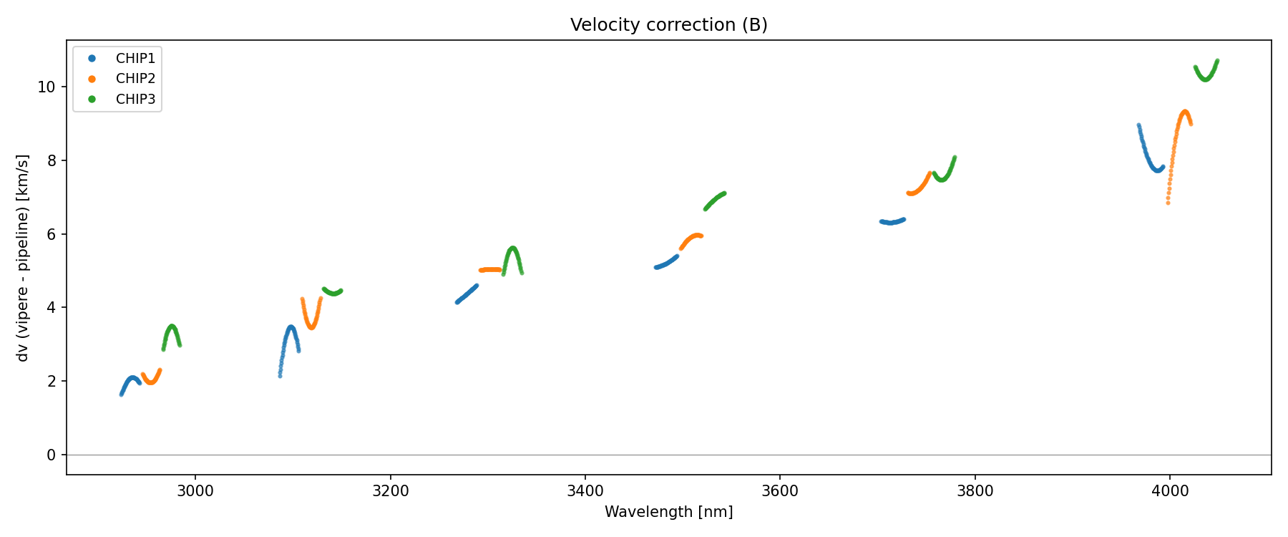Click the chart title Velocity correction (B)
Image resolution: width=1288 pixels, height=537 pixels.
coord(668,25)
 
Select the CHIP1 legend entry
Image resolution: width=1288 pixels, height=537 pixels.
coord(135,58)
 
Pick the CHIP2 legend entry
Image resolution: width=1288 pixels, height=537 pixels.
coord(135,79)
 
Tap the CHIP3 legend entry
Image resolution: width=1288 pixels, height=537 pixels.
coord(135,100)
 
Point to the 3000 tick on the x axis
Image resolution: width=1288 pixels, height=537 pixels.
coord(195,490)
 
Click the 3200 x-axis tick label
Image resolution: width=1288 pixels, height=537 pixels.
coord(391,490)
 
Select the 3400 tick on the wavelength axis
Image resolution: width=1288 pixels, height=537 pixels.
coord(585,490)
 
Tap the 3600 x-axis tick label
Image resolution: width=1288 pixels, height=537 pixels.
coord(780,490)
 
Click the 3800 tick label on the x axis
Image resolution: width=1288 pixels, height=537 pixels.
coord(975,490)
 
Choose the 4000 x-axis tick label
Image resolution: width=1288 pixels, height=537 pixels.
coord(1170,490)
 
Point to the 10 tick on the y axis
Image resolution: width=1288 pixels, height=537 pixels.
coord(47,87)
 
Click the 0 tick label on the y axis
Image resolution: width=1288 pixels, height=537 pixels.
coord(51,455)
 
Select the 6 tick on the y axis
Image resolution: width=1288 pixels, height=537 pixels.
coord(51,234)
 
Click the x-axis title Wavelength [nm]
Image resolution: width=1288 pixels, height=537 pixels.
coord(668,512)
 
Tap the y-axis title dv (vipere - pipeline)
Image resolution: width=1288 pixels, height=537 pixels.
coord(23,258)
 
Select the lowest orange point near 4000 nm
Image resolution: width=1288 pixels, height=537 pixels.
coord(1168,203)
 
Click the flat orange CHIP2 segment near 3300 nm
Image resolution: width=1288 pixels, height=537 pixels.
coord(490,270)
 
